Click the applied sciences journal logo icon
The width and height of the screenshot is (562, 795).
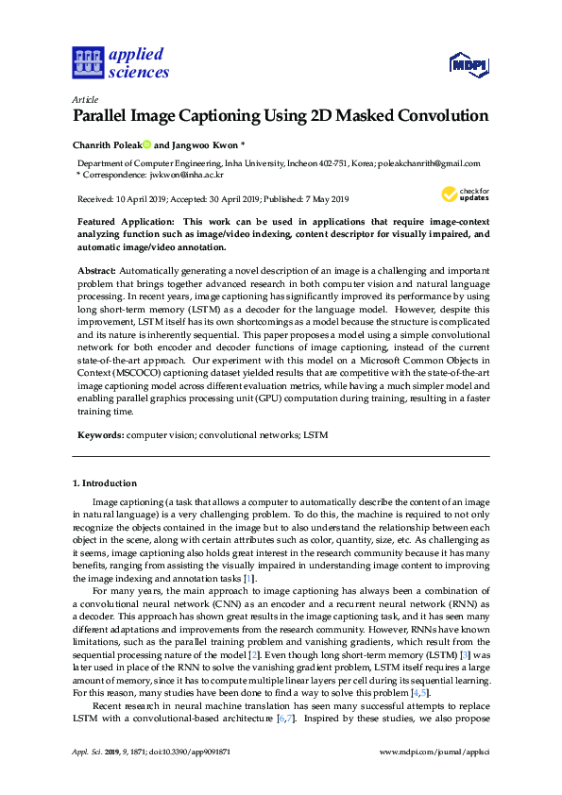[86, 63]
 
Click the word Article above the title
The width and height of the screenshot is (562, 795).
[82, 99]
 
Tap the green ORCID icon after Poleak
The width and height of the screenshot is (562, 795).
[146, 145]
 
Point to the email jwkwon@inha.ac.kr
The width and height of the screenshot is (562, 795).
[190, 175]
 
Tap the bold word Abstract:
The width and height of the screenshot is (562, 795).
[97, 270]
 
